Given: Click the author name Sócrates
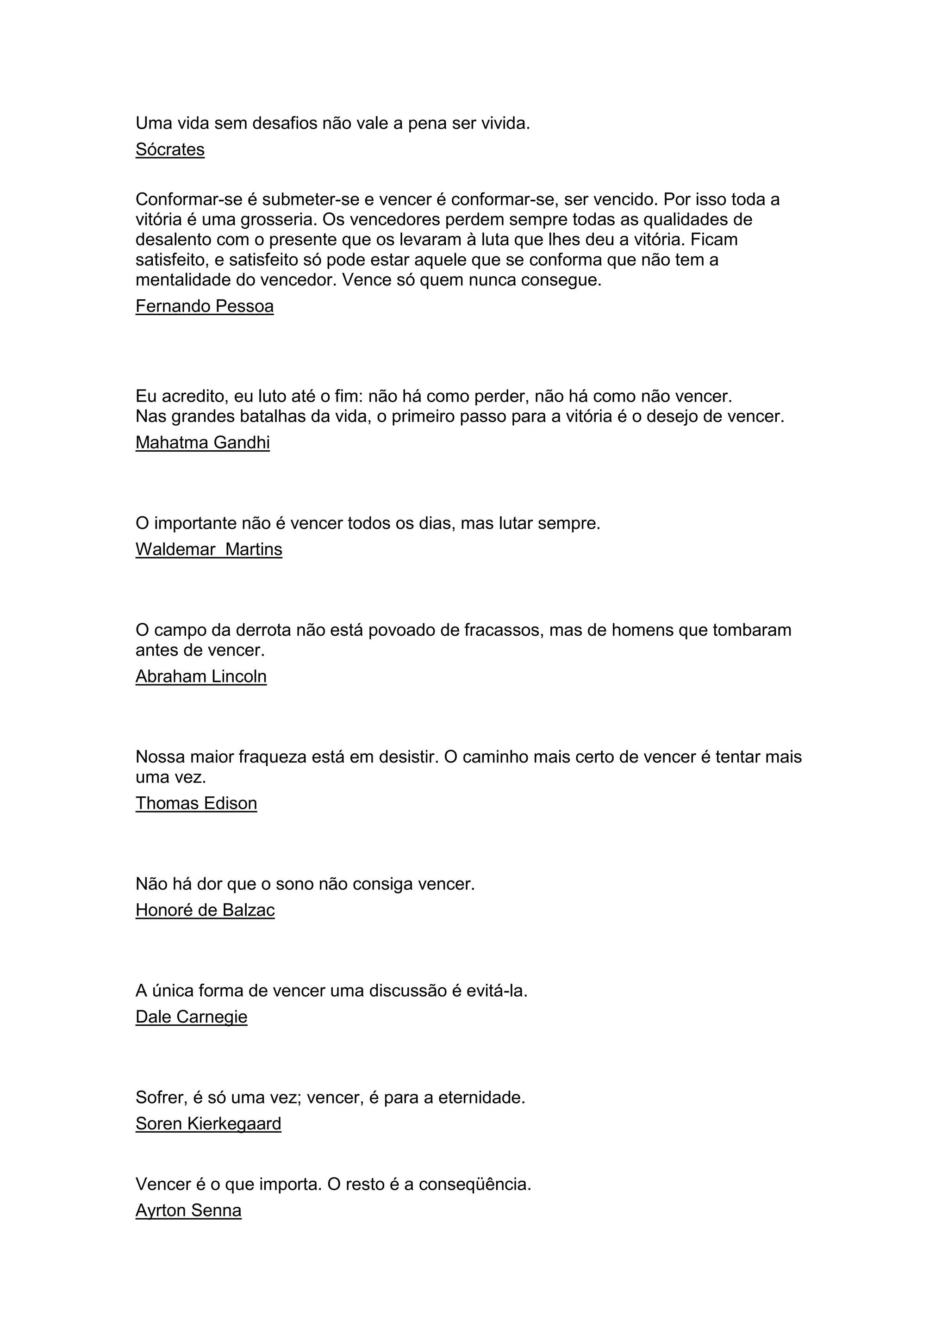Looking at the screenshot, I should tap(170, 149).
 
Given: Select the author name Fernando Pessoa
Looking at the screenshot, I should tap(204, 306).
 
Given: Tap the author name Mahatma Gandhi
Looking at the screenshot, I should tap(203, 442).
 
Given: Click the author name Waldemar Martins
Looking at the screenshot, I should tap(208, 549).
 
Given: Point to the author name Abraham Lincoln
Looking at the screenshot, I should tap(201, 676).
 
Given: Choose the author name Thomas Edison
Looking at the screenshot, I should tap(196, 803).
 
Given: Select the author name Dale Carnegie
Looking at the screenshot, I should tap(192, 1017).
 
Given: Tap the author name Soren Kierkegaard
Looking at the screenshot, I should tap(208, 1123).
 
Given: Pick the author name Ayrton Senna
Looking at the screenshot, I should tap(188, 1210).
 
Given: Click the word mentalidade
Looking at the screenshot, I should tap(183, 280).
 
